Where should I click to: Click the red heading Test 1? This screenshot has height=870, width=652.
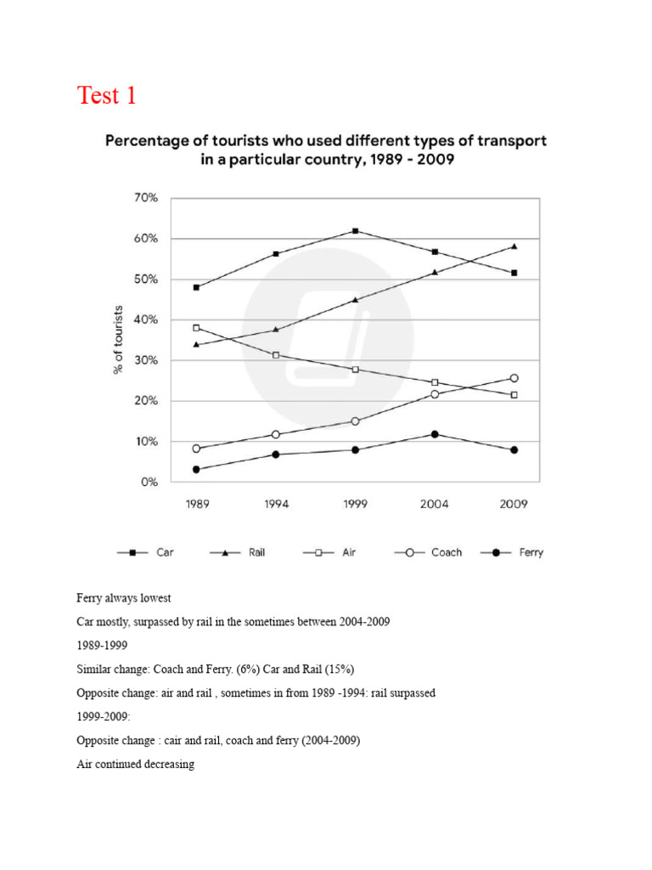coord(106,95)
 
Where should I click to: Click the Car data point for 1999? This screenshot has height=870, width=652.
coord(355,230)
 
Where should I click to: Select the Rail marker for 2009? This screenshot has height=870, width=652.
coord(514,246)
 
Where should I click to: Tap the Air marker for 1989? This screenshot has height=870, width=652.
coord(197,328)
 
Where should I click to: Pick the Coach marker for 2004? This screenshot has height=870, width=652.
coord(435,394)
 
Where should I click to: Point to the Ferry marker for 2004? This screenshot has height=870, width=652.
coord(435,434)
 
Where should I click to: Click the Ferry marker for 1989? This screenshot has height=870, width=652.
coord(197,469)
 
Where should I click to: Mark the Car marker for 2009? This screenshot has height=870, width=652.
coord(514,273)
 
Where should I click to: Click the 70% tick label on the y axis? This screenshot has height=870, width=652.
coord(146,198)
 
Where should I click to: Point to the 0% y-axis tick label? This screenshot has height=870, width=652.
coord(149,482)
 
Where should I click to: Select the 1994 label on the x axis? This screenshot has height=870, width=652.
coord(276,504)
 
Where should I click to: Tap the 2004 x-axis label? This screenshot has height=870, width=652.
coord(435,504)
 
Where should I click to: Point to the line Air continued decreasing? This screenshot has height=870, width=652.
coord(135,764)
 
